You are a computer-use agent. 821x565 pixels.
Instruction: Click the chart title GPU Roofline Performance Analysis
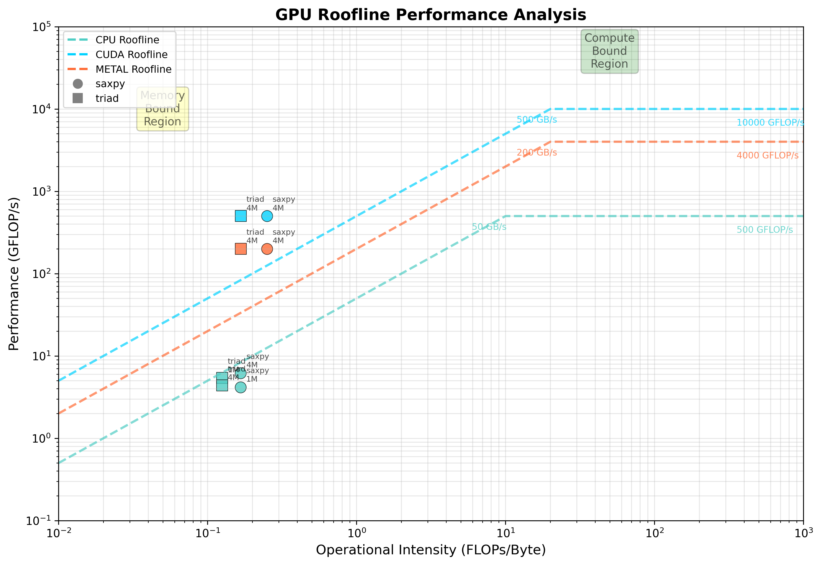click(430, 15)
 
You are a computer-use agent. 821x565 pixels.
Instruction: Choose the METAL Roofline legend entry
click(133, 69)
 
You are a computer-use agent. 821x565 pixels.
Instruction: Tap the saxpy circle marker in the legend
click(78, 84)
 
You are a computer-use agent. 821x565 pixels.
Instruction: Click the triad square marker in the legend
click(78, 98)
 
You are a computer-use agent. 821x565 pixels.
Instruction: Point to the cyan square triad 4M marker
click(241, 216)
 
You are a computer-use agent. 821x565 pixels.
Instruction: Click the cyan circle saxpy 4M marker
click(267, 216)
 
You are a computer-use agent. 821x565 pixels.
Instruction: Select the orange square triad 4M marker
click(241, 249)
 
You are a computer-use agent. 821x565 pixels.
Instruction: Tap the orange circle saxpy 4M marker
click(267, 249)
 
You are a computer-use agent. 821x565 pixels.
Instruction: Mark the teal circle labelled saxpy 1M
click(241, 387)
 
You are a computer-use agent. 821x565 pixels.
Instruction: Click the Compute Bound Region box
click(609, 51)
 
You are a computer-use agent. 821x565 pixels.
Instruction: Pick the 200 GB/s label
click(536, 153)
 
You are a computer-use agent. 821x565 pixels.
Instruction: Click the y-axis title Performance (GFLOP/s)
click(14, 274)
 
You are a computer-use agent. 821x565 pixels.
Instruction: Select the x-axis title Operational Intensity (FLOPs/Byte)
click(430, 550)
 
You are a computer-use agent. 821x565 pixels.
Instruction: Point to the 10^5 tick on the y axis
click(42, 27)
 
